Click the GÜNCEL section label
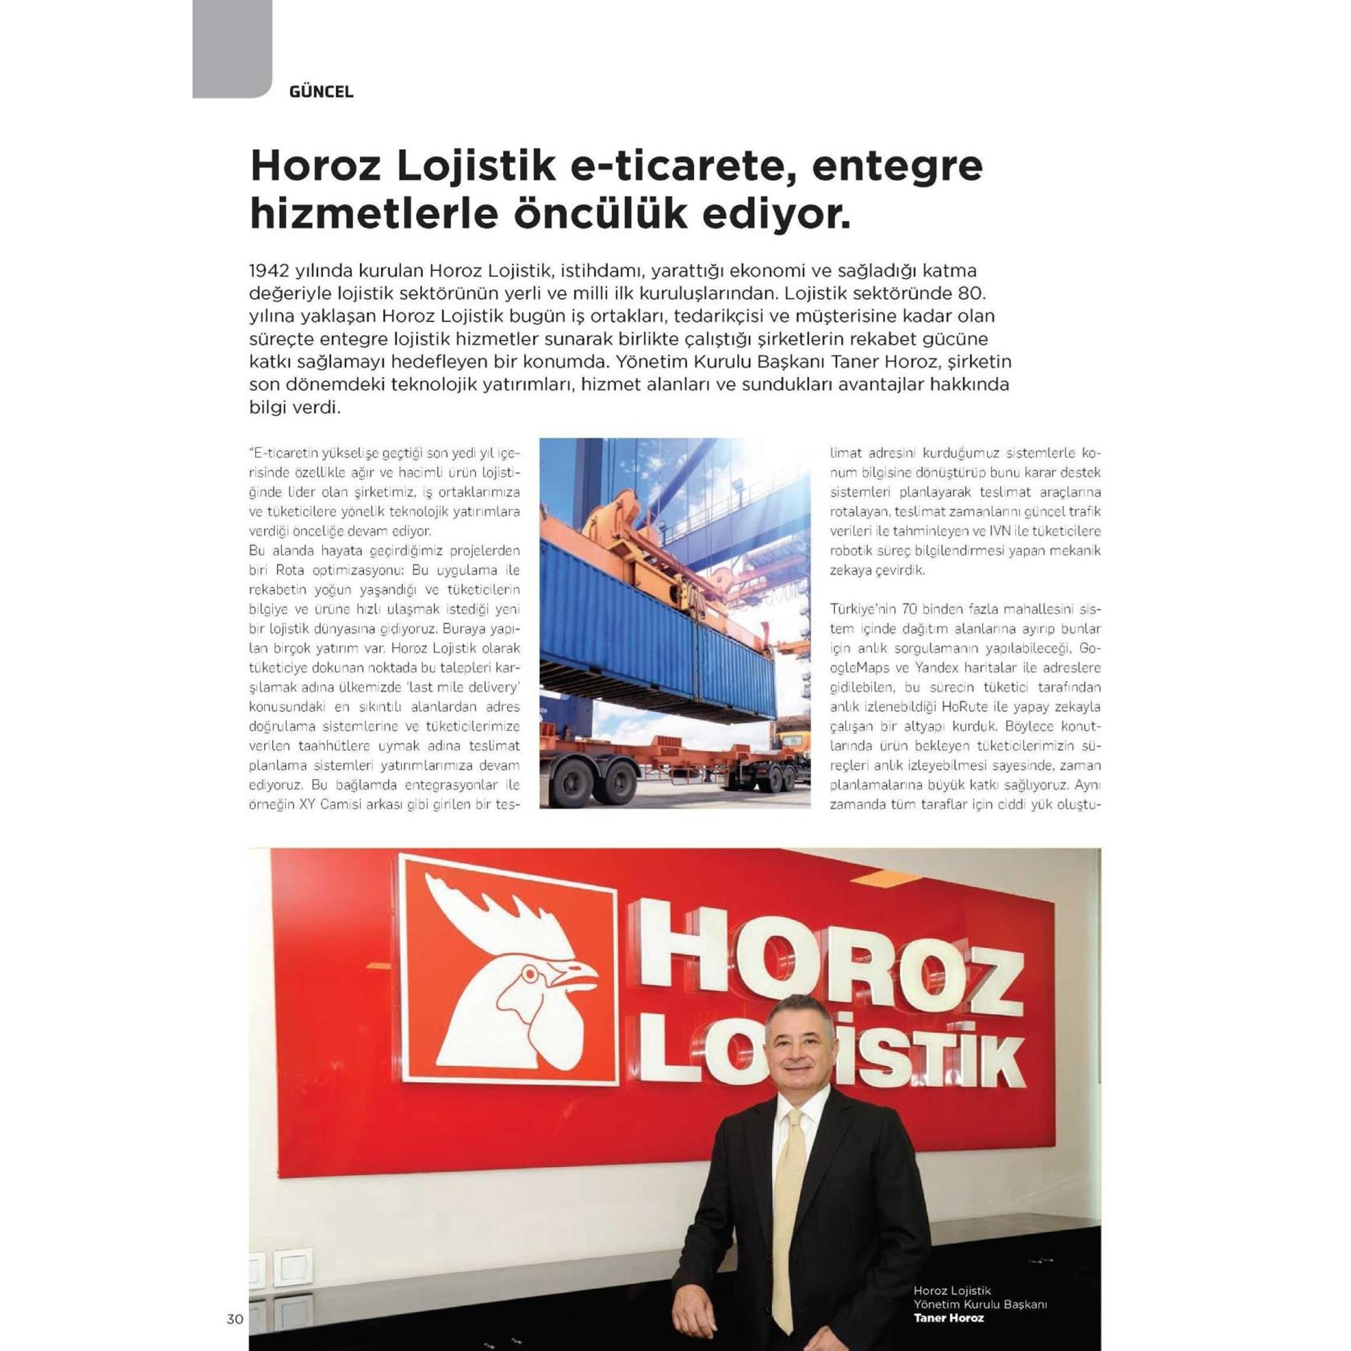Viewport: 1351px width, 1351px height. tap(320, 92)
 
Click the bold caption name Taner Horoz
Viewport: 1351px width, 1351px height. tap(948, 1318)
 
